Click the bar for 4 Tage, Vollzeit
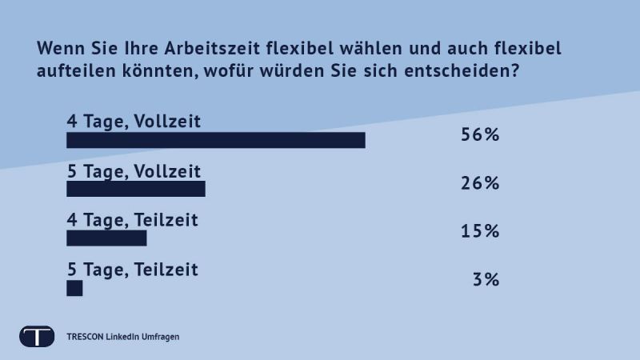coord(215,141)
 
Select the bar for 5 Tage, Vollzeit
coord(136,190)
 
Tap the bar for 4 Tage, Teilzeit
coord(106,238)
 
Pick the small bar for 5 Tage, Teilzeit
coord(74,288)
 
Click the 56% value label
coord(480,134)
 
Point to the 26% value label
coord(480,183)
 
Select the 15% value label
coord(480,232)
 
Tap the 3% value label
coord(486,280)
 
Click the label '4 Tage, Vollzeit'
coord(133,121)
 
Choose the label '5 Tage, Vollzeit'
coord(133,170)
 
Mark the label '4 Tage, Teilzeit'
coord(132,219)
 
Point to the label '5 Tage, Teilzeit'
coord(132,269)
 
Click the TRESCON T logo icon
coord(37,336)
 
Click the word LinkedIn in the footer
coord(122,337)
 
